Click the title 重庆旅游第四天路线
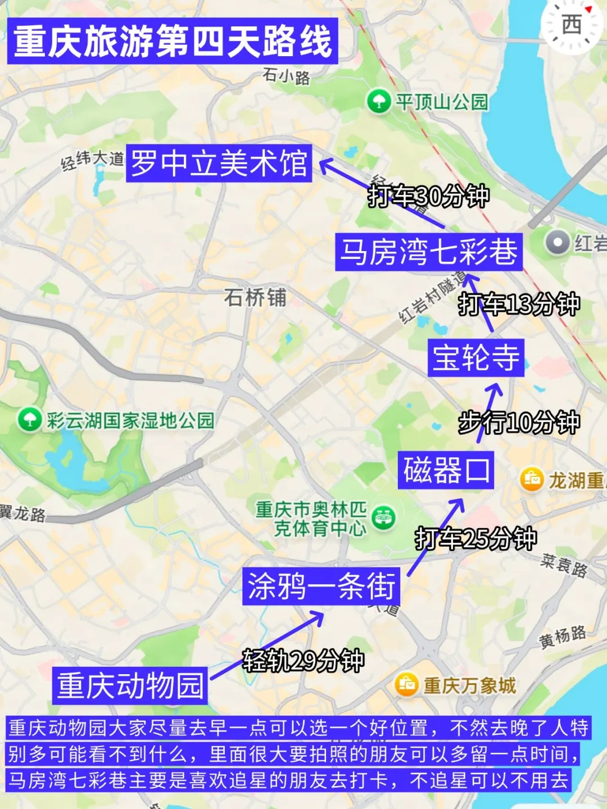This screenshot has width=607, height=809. [173, 41]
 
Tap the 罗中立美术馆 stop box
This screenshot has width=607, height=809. [219, 163]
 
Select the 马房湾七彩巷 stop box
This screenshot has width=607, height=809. [428, 252]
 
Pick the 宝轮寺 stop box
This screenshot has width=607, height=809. [475, 357]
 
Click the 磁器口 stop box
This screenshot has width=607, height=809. [446, 470]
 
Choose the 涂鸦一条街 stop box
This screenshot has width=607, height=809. [321, 586]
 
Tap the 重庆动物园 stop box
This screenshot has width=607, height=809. [130, 685]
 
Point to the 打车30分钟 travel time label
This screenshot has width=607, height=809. [428, 196]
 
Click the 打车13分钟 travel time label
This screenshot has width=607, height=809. [518, 304]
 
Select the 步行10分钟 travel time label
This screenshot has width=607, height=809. [518, 422]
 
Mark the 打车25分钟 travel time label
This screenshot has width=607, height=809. [475, 539]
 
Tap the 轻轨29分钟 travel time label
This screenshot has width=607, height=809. [303, 660]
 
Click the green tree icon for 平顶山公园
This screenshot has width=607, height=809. [379, 102]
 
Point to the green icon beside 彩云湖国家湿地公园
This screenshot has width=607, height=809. [29, 420]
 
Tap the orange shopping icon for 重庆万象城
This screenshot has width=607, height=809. [406, 684]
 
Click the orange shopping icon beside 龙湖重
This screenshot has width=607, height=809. [531, 479]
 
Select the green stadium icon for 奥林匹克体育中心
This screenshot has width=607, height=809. [383, 517]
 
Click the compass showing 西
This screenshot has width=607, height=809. [572, 25]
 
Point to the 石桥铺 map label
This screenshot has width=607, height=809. [255, 297]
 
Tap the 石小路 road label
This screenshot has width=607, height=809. [286, 76]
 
